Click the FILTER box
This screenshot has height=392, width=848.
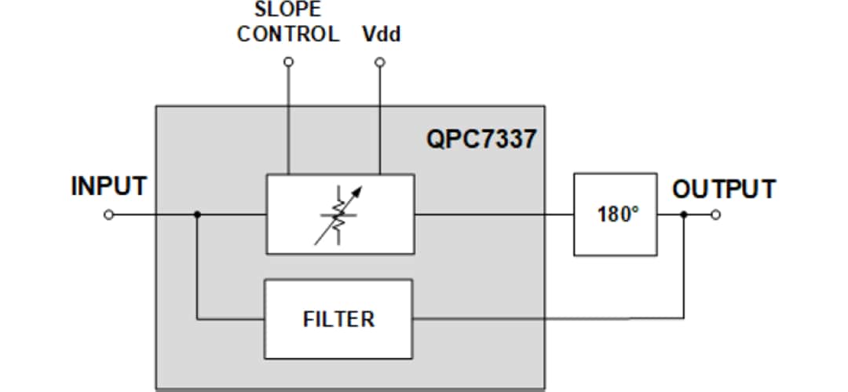(338, 319)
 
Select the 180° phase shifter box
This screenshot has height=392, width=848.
(615, 214)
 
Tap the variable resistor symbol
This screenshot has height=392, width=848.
(338, 214)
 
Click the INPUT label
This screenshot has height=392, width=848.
(108, 187)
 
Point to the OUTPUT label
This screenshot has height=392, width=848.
(723, 189)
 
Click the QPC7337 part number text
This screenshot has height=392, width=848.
(481, 139)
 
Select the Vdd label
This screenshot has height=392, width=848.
(382, 35)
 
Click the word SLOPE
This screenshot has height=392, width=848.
(288, 10)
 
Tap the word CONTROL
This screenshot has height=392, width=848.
(288, 35)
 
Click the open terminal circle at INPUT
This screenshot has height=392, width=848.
(109, 214)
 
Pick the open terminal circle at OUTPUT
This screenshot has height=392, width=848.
(715, 214)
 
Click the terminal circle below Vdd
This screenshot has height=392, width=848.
(380, 62)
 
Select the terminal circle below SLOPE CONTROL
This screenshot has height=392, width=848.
(288, 62)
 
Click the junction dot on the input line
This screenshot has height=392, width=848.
(197, 214)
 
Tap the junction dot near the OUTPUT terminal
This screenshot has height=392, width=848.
(684, 214)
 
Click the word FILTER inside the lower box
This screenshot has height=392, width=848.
(338, 320)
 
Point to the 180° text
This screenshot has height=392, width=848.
(615, 214)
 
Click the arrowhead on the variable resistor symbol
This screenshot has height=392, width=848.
(360, 189)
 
